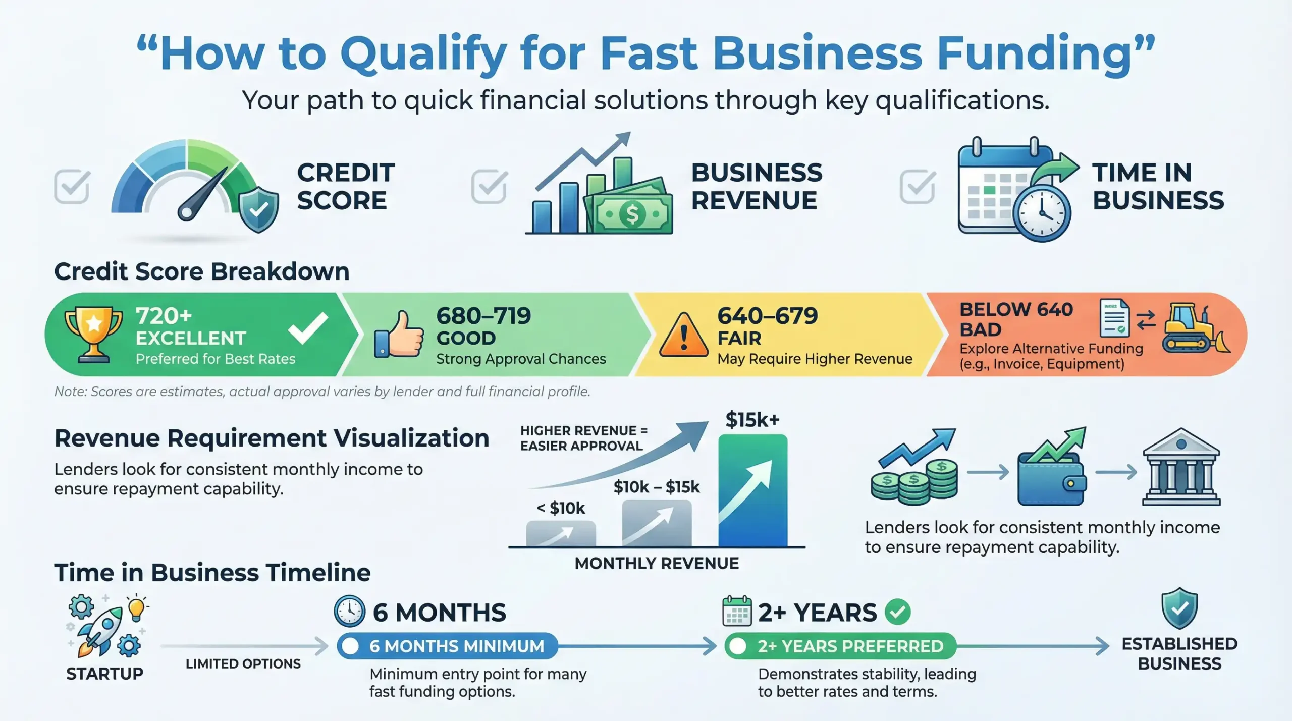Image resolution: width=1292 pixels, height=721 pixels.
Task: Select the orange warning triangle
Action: (683, 336)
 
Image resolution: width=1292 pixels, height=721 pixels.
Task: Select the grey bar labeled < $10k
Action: (561, 534)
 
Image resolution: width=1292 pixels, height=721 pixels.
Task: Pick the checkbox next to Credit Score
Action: (72, 187)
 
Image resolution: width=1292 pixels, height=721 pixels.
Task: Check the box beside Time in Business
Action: (917, 187)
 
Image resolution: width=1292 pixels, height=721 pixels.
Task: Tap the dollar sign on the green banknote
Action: (632, 214)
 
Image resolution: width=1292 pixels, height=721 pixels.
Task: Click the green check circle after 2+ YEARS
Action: (898, 612)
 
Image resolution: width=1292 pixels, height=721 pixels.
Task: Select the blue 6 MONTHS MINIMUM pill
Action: (448, 646)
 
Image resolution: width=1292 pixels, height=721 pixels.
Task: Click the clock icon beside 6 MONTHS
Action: (349, 611)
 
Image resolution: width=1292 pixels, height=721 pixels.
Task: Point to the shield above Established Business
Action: (1179, 608)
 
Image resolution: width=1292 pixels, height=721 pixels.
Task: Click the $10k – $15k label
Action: (657, 487)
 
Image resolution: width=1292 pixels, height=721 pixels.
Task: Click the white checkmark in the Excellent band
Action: (308, 328)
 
